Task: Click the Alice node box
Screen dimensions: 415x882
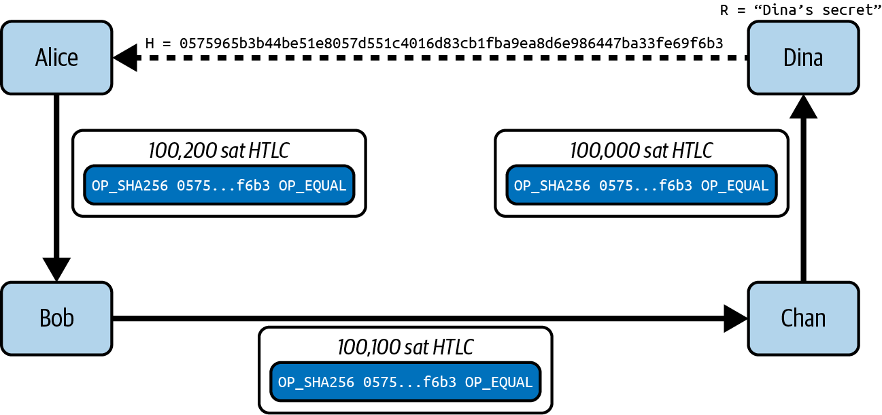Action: [x=56, y=58]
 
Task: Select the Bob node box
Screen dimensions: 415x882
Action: [x=56, y=318]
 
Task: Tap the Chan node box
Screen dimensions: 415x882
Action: [x=803, y=318]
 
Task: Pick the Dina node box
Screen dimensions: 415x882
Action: [x=803, y=58]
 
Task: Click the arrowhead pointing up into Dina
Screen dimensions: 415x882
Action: [x=803, y=107]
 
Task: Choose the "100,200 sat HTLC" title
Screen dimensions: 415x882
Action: [x=219, y=150]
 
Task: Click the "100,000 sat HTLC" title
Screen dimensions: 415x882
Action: [x=641, y=150]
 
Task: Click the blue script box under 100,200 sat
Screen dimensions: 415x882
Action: [x=219, y=185]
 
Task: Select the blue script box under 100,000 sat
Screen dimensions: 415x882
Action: [x=641, y=185]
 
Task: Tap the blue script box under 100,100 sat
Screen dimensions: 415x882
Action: [x=405, y=382]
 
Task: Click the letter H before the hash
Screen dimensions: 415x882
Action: [x=150, y=44]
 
